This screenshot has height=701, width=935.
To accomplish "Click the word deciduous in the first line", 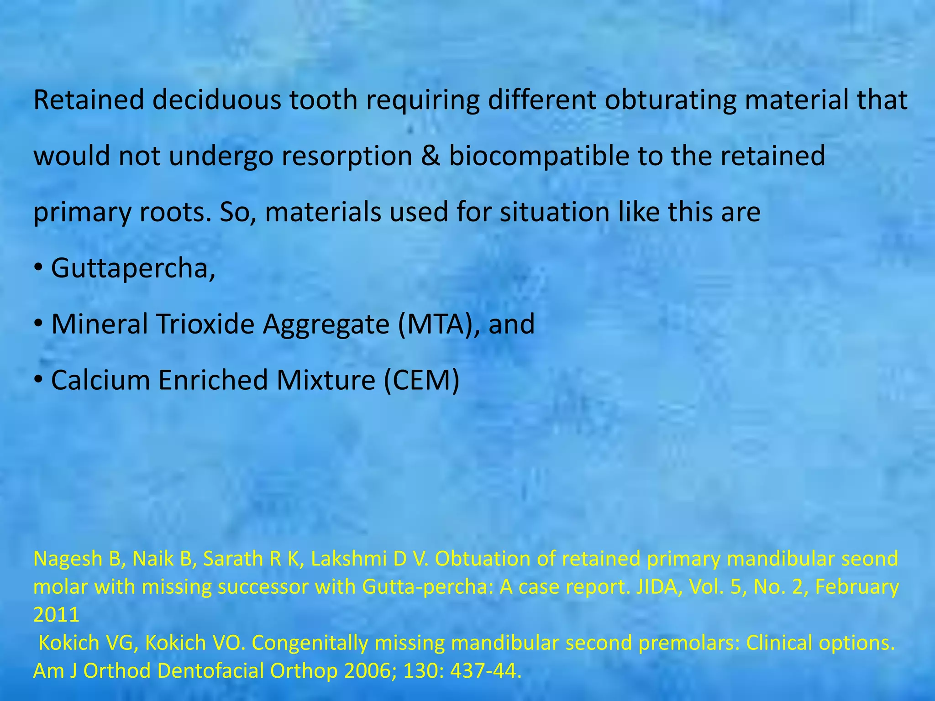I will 216,100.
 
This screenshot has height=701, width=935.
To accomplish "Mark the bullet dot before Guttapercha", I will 38,268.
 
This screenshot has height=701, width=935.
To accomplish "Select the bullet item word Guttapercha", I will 133,268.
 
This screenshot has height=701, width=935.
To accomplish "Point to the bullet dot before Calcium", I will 38,380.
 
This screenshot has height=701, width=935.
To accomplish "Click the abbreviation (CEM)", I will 421,380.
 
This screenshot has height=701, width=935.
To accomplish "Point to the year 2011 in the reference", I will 56,615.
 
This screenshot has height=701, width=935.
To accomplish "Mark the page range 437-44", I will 486,671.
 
